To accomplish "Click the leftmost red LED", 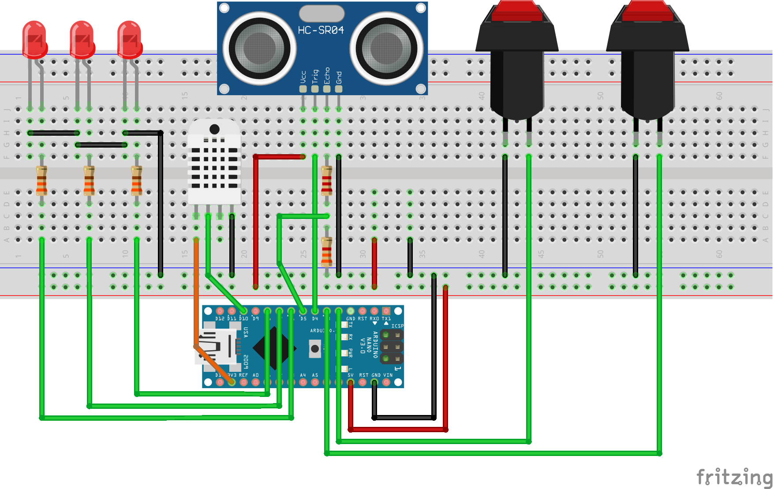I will coord(34,40).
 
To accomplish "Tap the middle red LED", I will coord(82,40).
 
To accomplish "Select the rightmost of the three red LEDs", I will coord(129,40).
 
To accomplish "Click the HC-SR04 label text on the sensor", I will coord(321,30).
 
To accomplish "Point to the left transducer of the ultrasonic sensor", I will coord(259,48).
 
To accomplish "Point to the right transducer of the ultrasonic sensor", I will coord(386,48).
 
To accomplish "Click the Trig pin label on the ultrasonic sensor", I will coord(315,76).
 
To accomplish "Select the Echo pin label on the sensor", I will coord(327,75).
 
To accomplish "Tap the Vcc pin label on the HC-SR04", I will coord(303,77).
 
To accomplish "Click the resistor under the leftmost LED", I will coord(41,181).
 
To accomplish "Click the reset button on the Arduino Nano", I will coord(315,349).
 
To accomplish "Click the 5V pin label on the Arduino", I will coord(351,375).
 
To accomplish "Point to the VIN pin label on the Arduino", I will coord(388,375).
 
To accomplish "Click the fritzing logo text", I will coord(734,477).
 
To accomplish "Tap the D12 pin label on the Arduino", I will coord(220,319).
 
